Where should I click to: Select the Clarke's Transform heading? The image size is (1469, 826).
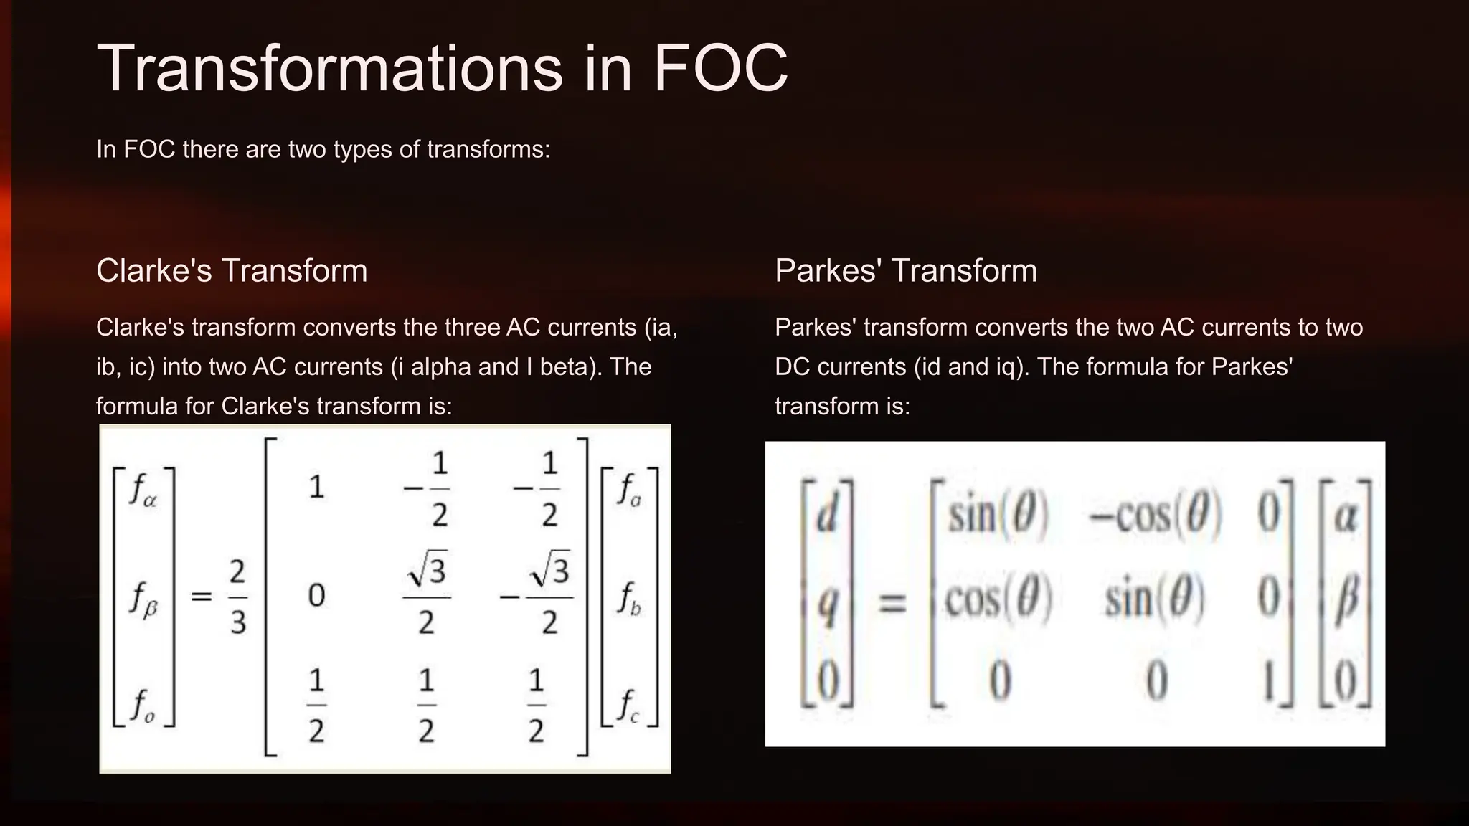point(232,271)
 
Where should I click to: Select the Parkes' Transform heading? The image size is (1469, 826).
point(906,271)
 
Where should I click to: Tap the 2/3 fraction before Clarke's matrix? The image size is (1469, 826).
point(238,597)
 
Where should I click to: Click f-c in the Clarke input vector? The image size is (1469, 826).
point(629,706)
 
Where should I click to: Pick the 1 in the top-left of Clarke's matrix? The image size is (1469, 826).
point(316,488)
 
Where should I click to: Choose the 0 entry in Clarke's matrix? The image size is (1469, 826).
point(316,596)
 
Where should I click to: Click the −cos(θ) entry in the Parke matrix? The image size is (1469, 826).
point(1156,515)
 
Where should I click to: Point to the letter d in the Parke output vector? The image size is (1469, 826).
point(828,515)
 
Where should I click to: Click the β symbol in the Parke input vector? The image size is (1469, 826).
point(1346,598)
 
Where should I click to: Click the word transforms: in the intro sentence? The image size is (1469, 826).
point(488,149)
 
